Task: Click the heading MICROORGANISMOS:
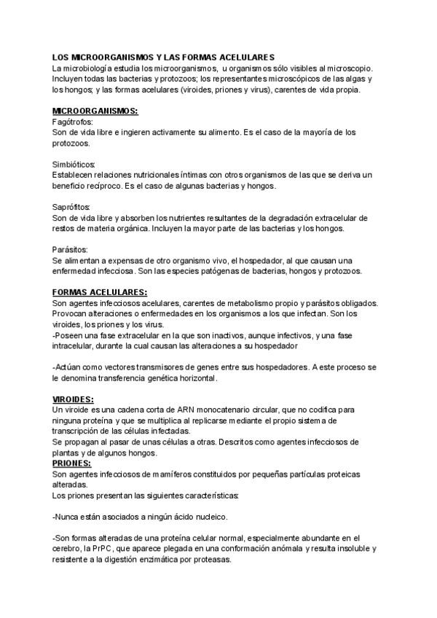95,111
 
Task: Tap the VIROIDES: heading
73,400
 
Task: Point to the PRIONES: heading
72,463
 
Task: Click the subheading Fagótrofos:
74,122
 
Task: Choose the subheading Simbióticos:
74,164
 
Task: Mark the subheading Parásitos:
71,249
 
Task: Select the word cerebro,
69,549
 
